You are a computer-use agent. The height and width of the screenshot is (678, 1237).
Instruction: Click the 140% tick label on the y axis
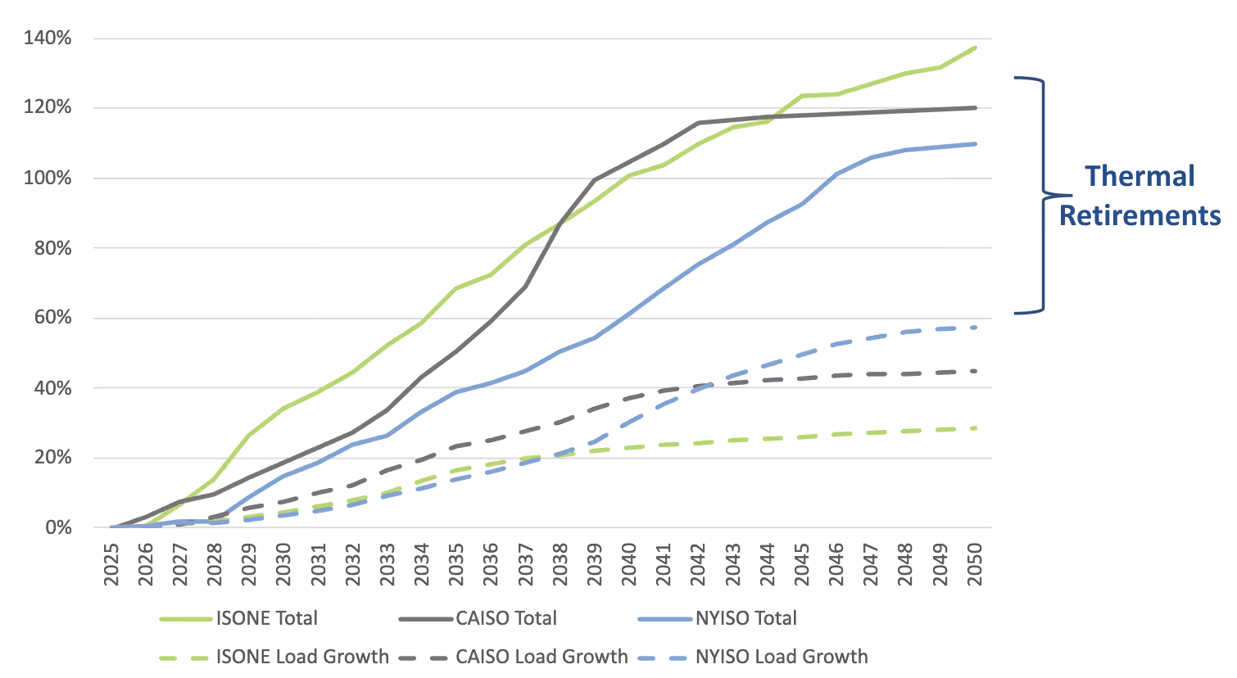pyautogui.click(x=48, y=38)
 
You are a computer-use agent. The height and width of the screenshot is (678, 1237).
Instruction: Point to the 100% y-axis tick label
pyautogui.click(x=48, y=178)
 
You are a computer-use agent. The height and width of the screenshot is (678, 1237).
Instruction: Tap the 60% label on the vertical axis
pyautogui.click(x=53, y=318)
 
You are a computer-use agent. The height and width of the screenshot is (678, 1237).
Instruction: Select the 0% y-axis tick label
pyautogui.click(x=58, y=527)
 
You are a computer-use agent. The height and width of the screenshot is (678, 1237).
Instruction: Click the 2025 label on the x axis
pyautogui.click(x=111, y=564)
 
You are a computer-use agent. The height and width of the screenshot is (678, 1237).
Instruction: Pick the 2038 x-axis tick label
pyautogui.click(x=560, y=564)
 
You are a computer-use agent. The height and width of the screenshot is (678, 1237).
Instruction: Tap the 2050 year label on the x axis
pyautogui.click(x=975, y=564)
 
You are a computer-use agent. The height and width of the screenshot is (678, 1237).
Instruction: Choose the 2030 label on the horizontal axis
pyautogui.click(x=283, y=564)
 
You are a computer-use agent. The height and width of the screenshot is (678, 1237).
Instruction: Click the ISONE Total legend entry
pyautogui.click(x=238, y=618)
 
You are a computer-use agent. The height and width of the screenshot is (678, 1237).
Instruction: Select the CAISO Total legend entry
pyautogui.click(x=478, y=618)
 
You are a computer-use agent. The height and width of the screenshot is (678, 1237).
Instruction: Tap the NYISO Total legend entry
pyautogui.click(x=718, y=618)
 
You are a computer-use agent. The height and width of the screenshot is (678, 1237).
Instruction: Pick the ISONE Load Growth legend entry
pyautogui.click(x=274, y=657)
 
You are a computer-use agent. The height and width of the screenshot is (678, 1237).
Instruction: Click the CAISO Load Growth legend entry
pyautogui.click(x=514, y=657)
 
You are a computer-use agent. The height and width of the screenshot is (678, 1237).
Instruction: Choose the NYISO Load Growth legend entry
pyautogui.click(x=753, y=657)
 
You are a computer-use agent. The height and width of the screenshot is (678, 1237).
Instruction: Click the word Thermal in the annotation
pyautogui.click(x=1140, y=177)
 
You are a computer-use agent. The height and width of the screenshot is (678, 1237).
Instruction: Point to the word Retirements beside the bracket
pyautogui.click(x=1140, y=215)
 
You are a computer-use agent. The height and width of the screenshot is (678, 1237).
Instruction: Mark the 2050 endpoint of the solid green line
pyautogui.click(x=975, y=48)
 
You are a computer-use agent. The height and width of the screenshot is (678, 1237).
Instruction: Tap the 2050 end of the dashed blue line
pyautogui.click(x=975, y=328)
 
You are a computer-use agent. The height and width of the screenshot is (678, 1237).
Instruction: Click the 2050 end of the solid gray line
pyautogui.click(x=975, y=107)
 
